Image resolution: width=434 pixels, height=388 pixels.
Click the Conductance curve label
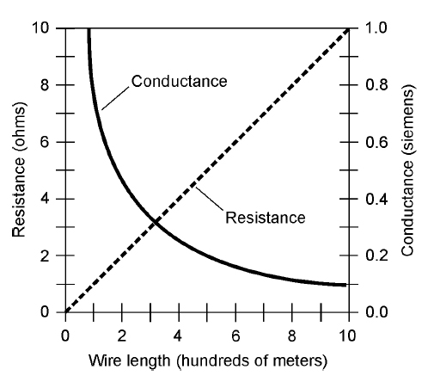(179, 82)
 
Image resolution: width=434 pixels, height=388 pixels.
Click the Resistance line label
(265, 218)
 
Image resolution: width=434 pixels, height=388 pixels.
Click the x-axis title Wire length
(205, 360)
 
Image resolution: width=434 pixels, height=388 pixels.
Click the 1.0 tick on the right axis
(375, 28)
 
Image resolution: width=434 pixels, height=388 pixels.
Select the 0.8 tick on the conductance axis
(375, 85)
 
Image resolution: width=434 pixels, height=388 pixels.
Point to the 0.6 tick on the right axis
(375, 142)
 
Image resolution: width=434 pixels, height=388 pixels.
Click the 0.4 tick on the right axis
(375, 199)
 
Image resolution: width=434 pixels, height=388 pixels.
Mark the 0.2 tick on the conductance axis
(375, 256)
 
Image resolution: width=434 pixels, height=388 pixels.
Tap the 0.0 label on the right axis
(375, 312)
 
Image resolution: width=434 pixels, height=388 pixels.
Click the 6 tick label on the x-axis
(235, 334)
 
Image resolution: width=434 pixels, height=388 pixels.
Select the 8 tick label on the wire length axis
(291, 334)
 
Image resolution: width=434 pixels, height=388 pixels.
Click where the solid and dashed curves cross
(156, 222)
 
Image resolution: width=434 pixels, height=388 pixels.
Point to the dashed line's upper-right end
(347, 29)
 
